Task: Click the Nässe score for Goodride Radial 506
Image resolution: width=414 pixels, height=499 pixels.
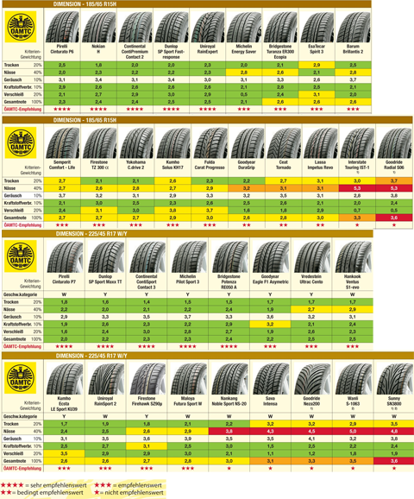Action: pyautogui.click(x=393, y=212)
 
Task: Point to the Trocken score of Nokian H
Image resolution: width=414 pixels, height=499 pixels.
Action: pyautogui.click(x=99, y=65)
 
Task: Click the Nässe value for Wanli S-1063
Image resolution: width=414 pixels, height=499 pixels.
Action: pyautogui.click(x=352, y=431)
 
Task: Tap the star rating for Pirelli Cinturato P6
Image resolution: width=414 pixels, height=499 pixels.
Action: pyautogui.click(x=61, y=111)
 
